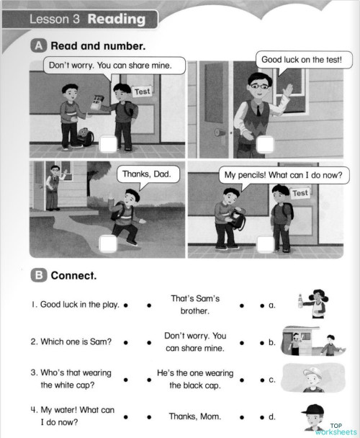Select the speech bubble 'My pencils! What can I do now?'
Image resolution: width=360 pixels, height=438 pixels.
[282, 174]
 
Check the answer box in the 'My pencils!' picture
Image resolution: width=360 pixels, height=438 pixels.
[265, 244]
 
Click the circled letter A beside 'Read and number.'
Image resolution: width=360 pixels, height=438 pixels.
[40, 45]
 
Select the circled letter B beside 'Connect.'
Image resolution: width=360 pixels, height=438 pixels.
[40, 276]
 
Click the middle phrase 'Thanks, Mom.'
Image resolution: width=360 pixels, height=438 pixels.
[195, 416]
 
